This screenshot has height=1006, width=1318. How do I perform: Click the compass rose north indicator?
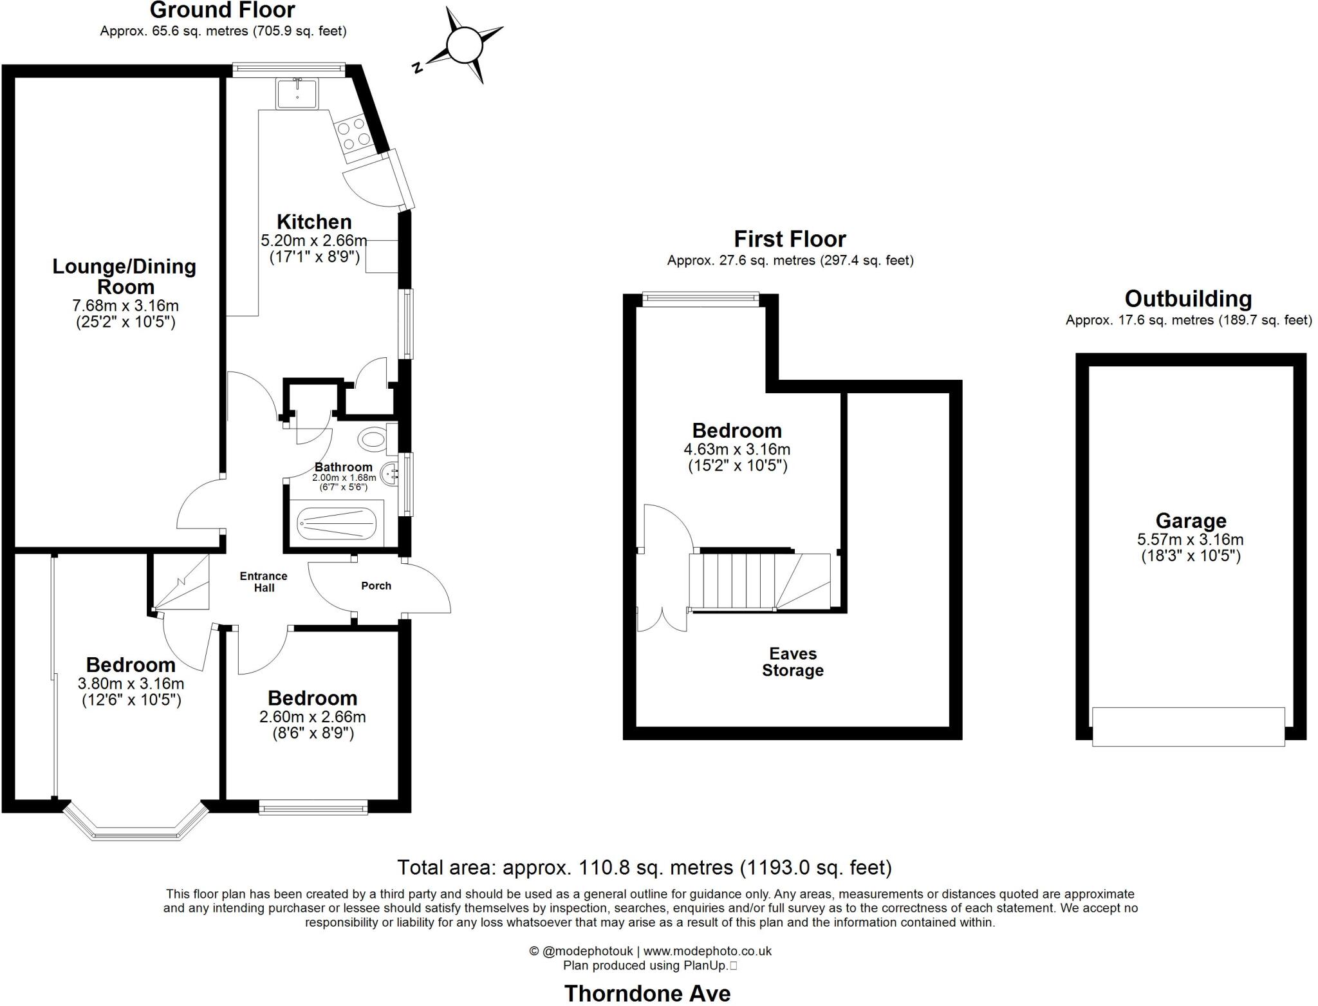464,46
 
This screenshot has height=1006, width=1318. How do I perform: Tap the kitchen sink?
297,93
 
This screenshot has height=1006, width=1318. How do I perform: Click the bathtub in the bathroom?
336,524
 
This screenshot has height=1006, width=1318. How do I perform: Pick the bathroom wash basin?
391,474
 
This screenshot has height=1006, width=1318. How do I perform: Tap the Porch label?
376,586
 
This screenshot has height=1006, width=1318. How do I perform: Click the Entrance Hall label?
263,582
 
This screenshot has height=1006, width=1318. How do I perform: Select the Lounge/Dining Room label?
124,276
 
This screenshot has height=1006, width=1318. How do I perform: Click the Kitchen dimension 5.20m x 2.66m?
313,241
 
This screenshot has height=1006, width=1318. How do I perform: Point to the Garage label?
1191,520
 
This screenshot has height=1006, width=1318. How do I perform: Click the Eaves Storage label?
792,662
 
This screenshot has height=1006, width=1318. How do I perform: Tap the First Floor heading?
790,239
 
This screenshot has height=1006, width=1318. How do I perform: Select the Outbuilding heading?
1188,299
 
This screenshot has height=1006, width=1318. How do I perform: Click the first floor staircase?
759,581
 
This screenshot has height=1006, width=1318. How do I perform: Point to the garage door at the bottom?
1188,727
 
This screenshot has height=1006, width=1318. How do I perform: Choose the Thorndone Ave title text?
647,993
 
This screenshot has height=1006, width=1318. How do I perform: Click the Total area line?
644,868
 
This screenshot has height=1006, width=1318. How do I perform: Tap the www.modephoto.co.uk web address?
707,951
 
